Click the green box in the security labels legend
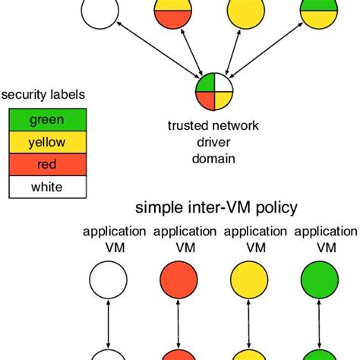pos(46,119)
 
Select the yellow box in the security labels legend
pos(46,141)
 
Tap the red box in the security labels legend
pos(46,164)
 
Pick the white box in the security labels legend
pos(46,186)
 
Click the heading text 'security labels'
pos(42,95)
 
